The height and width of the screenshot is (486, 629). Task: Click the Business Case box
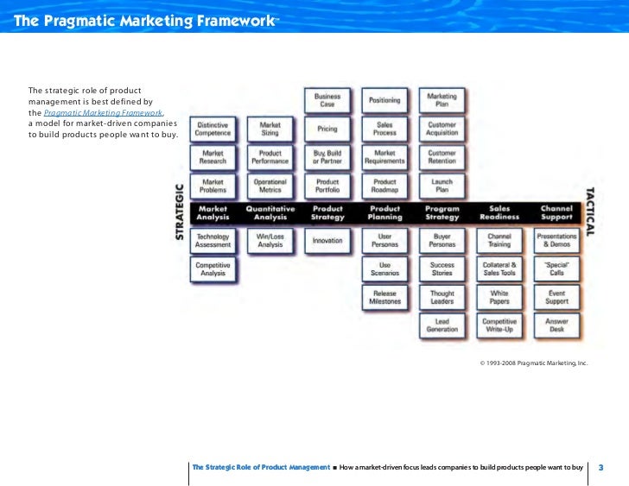(327, 101)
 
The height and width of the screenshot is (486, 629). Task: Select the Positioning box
(384, 101)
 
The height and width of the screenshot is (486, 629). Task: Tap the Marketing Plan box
(442, 101)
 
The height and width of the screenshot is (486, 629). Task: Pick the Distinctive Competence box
(213, 129)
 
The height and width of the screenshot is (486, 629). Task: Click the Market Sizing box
(270, 129)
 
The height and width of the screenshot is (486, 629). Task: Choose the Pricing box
(327, 129)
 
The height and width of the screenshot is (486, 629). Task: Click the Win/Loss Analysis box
(270, 241)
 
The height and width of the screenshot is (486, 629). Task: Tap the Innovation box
(327, 241)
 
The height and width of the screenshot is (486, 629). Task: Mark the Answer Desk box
(556, 325)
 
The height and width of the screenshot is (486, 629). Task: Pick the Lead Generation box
(442, 325)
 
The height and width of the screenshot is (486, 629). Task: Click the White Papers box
(499, 297)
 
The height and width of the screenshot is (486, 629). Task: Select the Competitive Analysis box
(213, 269)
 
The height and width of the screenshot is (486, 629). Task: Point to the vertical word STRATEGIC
(180, 211)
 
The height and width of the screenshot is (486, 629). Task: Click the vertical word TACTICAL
(589, 211)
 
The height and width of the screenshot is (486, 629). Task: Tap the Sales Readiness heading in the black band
(499, 213)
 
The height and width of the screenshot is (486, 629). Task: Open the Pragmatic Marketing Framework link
(103, 113)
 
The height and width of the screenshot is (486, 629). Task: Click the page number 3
(600, 467)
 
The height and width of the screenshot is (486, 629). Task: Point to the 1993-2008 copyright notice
(533, 363)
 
